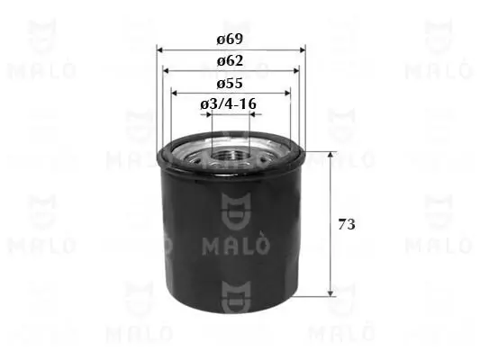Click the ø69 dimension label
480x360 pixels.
231,40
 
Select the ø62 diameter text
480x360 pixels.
231,60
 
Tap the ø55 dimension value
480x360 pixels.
231,82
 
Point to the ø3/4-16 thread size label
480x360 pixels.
231,104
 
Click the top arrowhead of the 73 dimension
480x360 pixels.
331,156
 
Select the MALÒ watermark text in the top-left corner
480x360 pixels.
41,70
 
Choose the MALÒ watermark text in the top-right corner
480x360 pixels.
438,70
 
